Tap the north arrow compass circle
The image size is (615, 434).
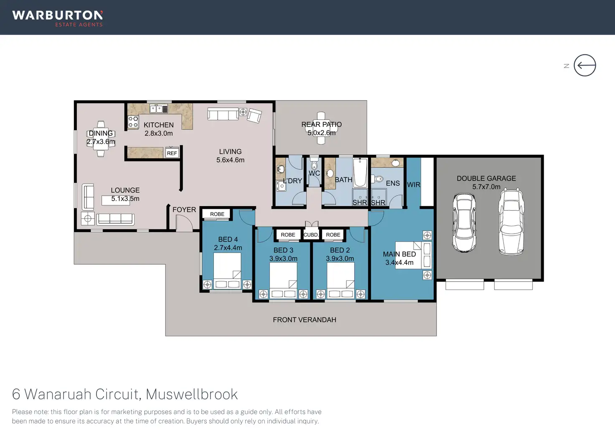[585, 66]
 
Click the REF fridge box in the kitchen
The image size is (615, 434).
[172, 153]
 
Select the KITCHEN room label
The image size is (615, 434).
[158, 125]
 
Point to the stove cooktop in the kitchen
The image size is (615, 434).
[133, 122]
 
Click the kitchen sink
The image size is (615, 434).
[158, 109]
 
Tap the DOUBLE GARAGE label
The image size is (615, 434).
[486, 178]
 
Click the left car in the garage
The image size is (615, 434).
[464, 222]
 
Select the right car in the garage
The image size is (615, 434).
[511, 222]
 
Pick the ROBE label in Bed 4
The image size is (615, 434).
[217, 214]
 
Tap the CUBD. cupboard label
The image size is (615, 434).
[311, 235]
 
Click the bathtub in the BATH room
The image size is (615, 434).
[360, 172]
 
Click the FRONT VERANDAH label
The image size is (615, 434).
[304, 320]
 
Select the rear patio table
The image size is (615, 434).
[321, 128]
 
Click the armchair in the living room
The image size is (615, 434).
[254, 115]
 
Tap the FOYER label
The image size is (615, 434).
[184, 209]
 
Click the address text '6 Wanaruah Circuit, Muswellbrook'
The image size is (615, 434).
[125, 394]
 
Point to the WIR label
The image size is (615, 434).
[413, 184]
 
